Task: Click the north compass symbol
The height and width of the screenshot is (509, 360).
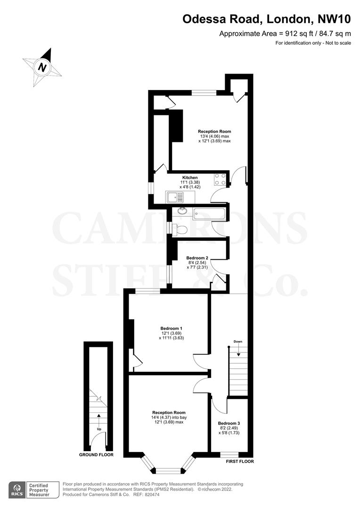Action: (43, 67)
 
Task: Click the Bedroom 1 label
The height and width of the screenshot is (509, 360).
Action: (171, 328)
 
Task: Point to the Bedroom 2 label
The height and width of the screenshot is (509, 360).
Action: (197, 258)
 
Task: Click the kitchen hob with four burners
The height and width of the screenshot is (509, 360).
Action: (220, 180)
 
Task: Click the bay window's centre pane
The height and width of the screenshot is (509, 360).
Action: (168, 470)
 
